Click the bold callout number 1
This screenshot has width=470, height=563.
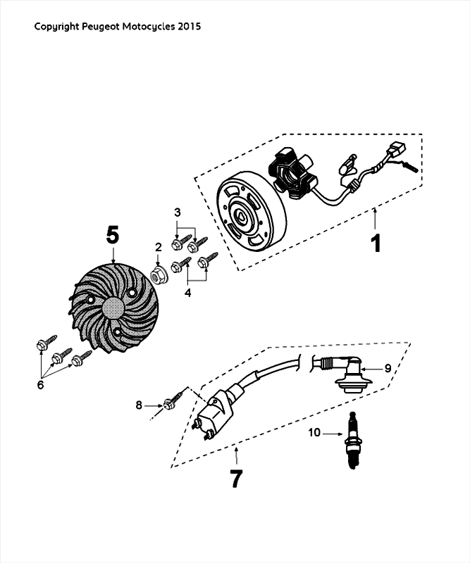tap(376, 243)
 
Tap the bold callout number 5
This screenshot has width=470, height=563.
tap(112, 236)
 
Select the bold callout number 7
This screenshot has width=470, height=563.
tap(236, 479)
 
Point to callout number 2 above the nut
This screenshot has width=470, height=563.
tap(159, 248)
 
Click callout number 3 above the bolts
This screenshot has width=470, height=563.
tap(178, 213)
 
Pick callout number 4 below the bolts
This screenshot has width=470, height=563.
tap(187, 293)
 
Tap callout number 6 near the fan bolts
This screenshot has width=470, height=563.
tap(40, 385)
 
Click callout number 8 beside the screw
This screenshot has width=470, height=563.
tap(139, 405)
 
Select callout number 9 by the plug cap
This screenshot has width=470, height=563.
tap(388, 368)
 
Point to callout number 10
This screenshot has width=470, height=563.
tap(314, 433)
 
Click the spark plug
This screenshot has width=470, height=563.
tap(352, 441)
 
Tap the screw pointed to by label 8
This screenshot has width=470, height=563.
tap(173, 399)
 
